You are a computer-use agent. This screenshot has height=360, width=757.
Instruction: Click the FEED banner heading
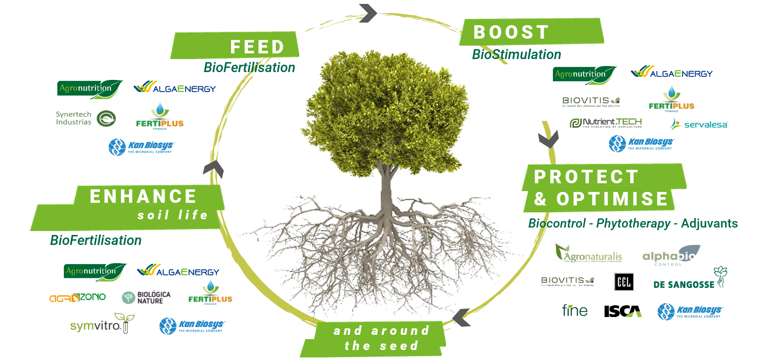coord(257,47)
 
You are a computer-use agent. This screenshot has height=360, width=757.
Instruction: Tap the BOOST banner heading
coord(511,32)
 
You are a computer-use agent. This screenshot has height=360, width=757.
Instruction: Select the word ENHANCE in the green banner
coord(143,196)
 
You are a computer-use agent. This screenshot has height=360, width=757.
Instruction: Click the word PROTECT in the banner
coord(586,177)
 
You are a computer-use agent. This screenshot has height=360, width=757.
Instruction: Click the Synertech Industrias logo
coord(86,118)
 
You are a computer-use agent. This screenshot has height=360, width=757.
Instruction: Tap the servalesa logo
coord(699,125)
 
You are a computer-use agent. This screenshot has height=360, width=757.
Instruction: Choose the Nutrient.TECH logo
coord(606,123)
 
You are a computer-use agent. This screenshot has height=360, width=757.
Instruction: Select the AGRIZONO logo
coord(77,297)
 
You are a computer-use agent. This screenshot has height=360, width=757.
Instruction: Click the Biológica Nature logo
coord(146,297)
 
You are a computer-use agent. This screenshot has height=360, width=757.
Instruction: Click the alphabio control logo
coord(671,256)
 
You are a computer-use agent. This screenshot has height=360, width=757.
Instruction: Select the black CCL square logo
coord(624,282)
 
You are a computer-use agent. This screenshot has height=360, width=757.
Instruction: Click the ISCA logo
coord(622,311)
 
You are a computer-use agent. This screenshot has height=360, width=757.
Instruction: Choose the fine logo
coord(574,310)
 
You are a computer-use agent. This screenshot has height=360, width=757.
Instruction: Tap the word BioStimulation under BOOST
coord(516,54)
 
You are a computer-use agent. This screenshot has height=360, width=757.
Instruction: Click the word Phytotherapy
coord(633,223)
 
